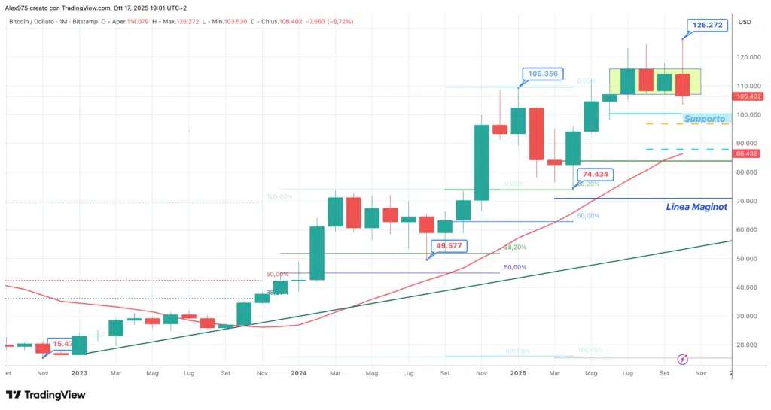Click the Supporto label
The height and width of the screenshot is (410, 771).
[x=705, y=119]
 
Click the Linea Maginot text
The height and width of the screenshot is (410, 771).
[x=696, y=207]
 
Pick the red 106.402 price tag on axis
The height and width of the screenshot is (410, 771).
[x=748, y=96]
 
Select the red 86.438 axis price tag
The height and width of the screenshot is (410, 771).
[x=748, y=153]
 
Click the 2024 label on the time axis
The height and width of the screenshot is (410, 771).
[x=299, y=372]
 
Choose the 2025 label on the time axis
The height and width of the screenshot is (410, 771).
[x=518, y=372]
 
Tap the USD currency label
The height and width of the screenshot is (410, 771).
[x=745, y=21]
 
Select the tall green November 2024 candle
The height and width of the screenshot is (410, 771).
[x=482, y=162]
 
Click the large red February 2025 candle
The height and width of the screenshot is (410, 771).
[x=537, y=133]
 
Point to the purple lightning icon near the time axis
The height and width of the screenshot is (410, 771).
[x=683, y=360]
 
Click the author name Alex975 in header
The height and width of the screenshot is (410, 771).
[x=20, y=7]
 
